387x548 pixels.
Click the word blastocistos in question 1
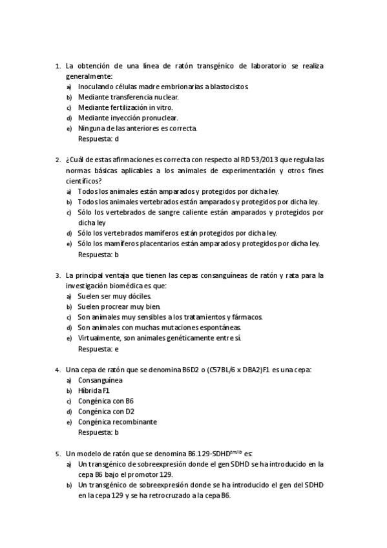225,87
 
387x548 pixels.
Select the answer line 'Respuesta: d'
98,138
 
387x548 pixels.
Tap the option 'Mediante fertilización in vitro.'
125,107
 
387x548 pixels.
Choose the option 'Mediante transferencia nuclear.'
128,97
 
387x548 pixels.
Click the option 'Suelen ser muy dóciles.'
114,296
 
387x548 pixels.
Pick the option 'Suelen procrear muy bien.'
119,306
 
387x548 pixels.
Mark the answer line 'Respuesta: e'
98,348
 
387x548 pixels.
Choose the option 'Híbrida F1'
94,391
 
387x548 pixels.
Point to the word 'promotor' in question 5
138,474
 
